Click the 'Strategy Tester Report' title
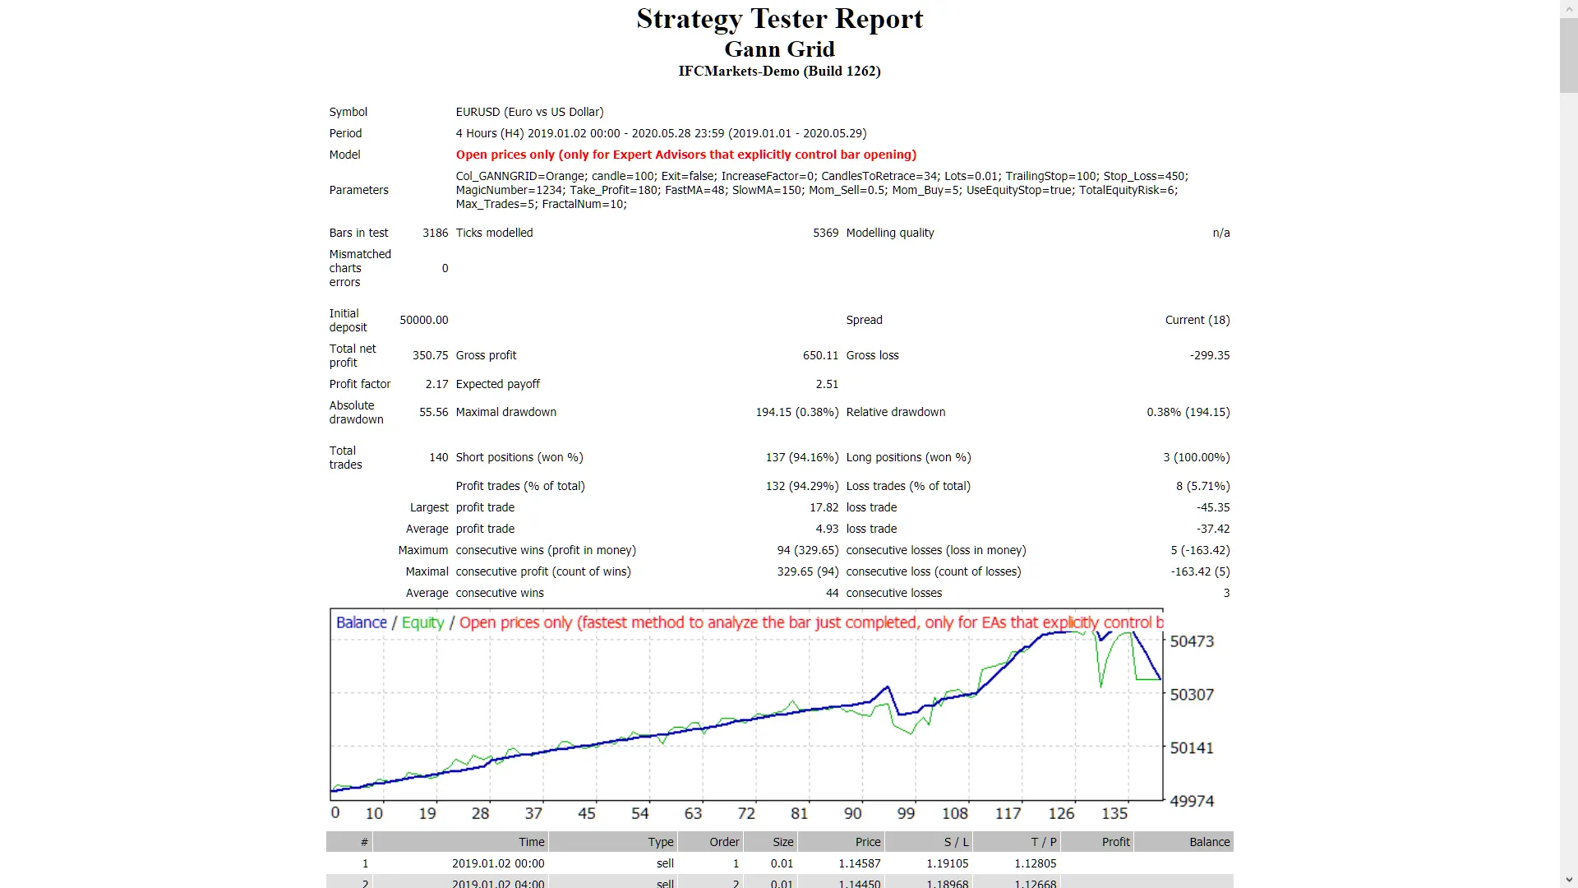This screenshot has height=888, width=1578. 779,19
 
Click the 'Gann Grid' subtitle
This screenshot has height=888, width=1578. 779,49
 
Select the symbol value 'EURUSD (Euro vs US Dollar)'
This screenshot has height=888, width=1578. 529,112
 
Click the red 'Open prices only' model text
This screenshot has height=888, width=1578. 685,155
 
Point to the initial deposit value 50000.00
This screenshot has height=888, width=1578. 424,320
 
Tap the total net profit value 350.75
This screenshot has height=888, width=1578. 430,355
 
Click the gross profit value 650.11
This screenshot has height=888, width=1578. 820,355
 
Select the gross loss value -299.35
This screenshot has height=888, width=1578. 1210,355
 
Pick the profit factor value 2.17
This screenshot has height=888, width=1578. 436,384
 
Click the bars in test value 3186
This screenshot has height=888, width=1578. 435,233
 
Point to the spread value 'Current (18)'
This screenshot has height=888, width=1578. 1197,320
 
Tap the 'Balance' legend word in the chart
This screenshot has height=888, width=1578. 361,622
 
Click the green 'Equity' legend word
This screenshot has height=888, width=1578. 422,622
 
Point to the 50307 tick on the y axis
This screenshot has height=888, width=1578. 1191,695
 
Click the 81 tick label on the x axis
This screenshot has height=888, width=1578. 799,813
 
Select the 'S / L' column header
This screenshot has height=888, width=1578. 956,842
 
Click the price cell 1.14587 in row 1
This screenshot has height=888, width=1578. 859,863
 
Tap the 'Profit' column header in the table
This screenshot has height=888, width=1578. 1115,842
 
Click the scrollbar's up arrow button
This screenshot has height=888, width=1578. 1569,7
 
